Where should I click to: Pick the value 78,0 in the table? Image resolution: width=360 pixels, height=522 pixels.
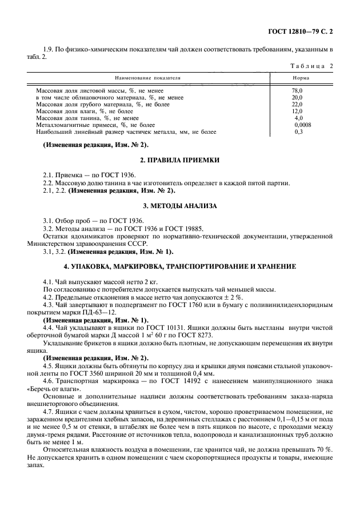point(297,91)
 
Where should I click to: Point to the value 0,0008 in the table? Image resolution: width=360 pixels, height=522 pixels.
point(303,124)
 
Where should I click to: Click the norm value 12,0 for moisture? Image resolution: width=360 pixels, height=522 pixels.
point(297,111)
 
